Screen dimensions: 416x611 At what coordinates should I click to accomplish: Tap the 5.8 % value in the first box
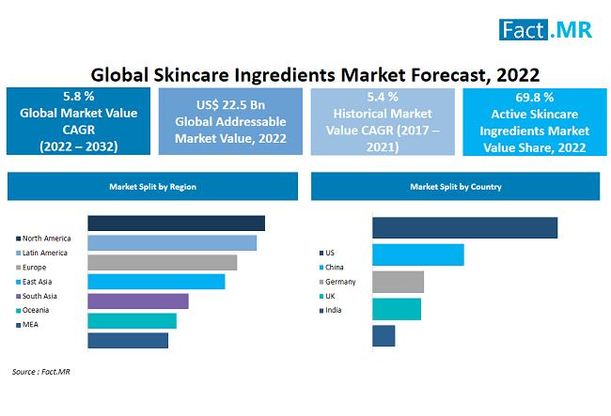point(77,98)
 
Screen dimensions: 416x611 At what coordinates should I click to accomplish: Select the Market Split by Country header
point(455,187)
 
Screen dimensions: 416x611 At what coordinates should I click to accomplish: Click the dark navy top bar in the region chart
point(176,223)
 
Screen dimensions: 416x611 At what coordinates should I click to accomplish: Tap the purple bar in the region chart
point(138,300)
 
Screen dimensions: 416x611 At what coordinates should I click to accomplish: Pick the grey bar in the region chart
point(162,262)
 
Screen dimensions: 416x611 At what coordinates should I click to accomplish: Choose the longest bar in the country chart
point(464,228)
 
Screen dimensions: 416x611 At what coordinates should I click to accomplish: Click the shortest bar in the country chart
point(384,335)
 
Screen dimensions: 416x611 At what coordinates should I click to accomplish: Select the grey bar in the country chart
point(398,282)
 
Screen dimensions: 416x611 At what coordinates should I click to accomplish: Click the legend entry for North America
point(44,239)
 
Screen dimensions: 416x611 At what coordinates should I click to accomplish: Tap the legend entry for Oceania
point(37,310)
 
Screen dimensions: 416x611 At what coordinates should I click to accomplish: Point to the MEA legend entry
point(32,324)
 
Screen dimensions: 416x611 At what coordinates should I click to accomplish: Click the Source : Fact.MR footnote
point(40,373)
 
